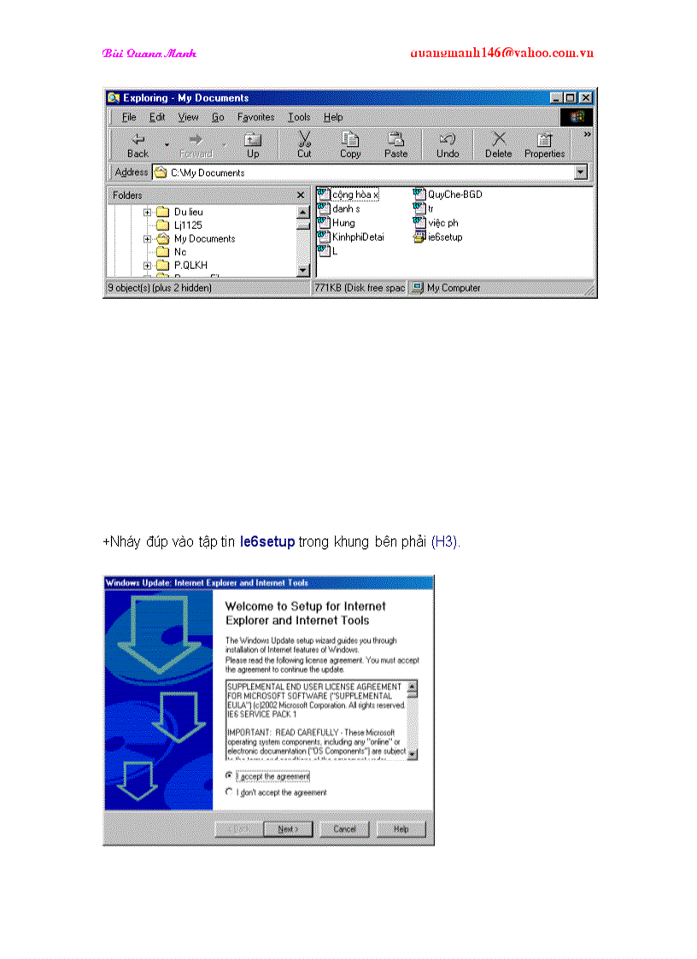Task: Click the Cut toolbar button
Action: [x=304, y=144]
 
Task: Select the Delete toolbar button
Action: [x=499, y=144]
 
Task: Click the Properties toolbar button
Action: [x=544, y=144]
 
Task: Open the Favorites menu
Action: [x=255, y=117]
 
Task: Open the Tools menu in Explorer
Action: [x=299, y=117]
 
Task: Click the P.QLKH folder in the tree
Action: [x=190, y=266]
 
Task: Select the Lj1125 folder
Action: [x=187, y=225]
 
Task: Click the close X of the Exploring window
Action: [x=586, y=98]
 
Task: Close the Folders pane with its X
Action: [x=301, y=196]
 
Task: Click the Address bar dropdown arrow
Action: [x=581, y=173]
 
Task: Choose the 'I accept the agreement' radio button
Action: [x=229, y=775]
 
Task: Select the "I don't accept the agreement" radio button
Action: [x=229, y=792]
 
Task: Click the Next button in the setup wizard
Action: [x=287, y=829]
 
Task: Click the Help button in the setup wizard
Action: [x=401, y=829]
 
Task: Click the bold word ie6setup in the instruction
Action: [x=267, y=541]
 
